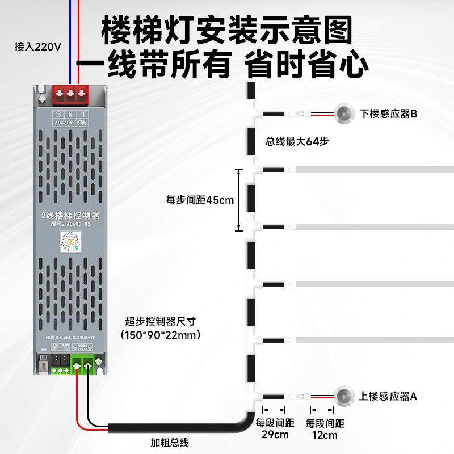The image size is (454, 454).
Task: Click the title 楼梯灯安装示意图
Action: (x=227, y=30)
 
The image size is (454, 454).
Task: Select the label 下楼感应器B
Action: (x=389, y=114)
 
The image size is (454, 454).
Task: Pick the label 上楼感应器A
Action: (x=388, y=396)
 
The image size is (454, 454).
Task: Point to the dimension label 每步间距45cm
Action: (x=200, y=200)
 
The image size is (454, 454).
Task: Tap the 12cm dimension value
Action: (x=325, y=435)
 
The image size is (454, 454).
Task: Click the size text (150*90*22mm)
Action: (x=162, y=335)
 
